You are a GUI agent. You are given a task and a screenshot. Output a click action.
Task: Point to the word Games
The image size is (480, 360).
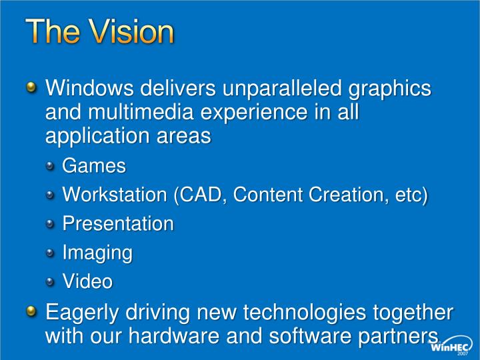pos(94,165)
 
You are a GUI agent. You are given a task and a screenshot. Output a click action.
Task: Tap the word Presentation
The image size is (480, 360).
pos(118,223)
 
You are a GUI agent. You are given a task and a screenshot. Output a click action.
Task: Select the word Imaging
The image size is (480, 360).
pos(97,253)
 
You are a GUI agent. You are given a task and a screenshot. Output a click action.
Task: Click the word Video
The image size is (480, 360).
pos(87,281)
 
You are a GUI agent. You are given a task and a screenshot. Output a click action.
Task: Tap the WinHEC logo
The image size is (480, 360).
pos(452,345)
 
